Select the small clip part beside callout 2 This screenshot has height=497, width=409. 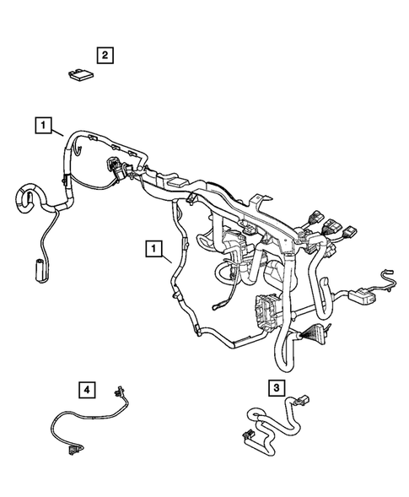pyautogui.click(x=79, y=74)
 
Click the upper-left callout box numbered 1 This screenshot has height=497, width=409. pyautogui.click(x=41, y=126)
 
